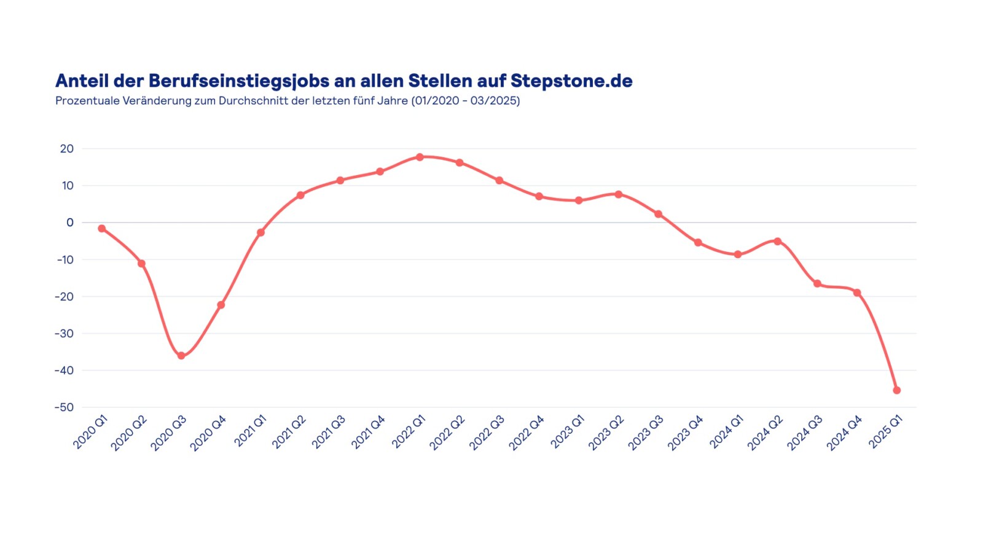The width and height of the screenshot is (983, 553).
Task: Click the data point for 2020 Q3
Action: click(x=181, y=356)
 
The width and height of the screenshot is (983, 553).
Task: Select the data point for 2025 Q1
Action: click(x=896, y=390)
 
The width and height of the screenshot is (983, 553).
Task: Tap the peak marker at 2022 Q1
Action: click(x=420, y=157)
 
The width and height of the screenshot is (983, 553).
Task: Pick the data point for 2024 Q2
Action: click(x=778, y=241)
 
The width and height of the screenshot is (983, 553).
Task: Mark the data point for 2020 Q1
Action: click(x=102, y=229)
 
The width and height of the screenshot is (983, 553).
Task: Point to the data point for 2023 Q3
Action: click(x=658, y=214)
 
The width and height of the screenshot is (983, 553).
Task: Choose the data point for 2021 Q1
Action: click(x=260, y=233)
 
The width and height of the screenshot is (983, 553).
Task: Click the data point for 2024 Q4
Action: click(x=857, y=292)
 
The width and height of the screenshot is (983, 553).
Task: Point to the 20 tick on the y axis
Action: click(x=67, y=149)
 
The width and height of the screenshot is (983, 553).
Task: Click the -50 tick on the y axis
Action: click(x=64, y=407)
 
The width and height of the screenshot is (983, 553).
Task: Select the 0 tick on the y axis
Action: click(x=70, y=222)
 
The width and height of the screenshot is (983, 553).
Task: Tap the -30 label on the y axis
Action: click(x=64, y=334)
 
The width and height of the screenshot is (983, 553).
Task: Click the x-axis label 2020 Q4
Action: click(x=208, y=433)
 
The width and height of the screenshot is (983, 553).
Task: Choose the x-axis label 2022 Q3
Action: click(x=487, y=433)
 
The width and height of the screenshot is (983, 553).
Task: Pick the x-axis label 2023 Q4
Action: click(x=686, y=433)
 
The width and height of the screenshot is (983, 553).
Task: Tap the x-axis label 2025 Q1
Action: click(x=886, y=432)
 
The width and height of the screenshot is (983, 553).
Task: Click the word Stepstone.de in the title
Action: click(x=571, y=81)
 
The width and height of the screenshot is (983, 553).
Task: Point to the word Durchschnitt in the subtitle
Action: click(x=253, y=101)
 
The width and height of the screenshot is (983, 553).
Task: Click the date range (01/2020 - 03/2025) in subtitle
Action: click(x=466, y=101)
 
